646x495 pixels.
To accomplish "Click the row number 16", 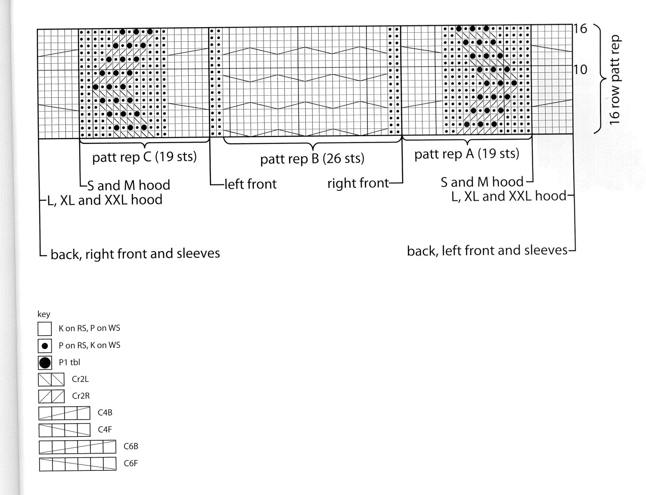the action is (x=580, y=29).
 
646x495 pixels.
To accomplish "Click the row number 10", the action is (x=580, y=69).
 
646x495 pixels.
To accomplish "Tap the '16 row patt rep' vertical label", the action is (x=614, y=80).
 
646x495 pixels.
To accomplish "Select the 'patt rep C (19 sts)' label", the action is (x=144, y=157).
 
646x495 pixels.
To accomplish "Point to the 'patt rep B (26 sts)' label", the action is (x=312, y=159).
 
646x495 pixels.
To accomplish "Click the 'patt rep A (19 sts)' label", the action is (x=467, y=154).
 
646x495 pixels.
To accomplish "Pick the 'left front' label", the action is (x=250, y=184).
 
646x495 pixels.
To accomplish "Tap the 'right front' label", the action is (x=358, y=183).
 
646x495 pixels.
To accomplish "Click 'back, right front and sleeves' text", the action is (x=135, y=254).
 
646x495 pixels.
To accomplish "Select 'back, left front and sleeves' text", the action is (x=487, y=250).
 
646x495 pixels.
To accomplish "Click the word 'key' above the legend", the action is (x=43, y=314).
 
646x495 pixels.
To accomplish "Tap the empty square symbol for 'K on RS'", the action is (x=45, y=329).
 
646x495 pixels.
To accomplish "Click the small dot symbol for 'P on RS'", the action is (x=45, y=346).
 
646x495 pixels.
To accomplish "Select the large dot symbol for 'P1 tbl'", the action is (x=45, y=363).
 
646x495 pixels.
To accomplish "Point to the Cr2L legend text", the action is (x=80, y=379).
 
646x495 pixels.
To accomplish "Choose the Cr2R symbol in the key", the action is (x=51, y=396).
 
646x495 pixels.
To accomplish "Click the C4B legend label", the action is (x=105, y=412).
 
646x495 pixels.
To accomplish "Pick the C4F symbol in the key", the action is (x=64, y=430).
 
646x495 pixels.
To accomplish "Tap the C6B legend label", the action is (x=131, y=446).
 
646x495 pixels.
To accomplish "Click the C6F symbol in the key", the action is (x=78, y=464).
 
